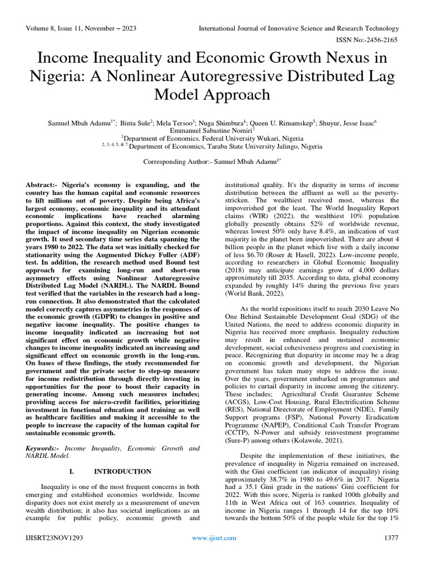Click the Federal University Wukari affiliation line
coord(212,138)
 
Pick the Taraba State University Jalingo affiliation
coord(212,147)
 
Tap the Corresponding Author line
coord(212,162)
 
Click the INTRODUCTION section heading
coord(122,471)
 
